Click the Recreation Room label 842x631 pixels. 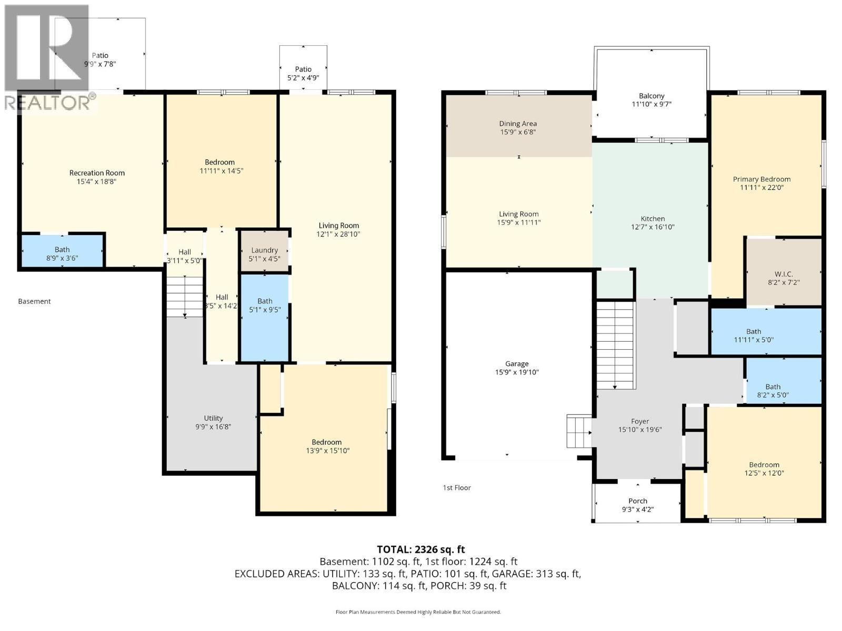pyautogui.click(x=97, y=173)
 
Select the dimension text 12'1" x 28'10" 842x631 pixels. pyautogui.click(x=338, y=235)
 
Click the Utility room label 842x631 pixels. pyautogui.click(x=213, y=419)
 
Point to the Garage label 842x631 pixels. pyautogui.click(x=517, y=364)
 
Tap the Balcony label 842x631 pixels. pyautogui.click(x=651, y=96)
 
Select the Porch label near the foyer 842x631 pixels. pyautogui.click(x=638, y=501)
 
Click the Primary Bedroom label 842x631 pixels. pyautogui.click(x=761, y=179)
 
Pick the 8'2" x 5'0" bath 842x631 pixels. pyautogui.click(x=773, y=391)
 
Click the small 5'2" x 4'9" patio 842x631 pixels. pyautogui.click(x=303, y=74)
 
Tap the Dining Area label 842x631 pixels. pyautogui.click(x=518, y=124)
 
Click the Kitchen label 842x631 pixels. pyautogui.click(x=653, y=219)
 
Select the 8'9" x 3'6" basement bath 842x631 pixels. pyautogui.click(x=62, y=254)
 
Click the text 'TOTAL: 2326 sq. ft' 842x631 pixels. pyautogui.click(x=420, y=549)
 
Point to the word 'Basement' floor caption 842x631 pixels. pyautogui.click(x=34, y=301)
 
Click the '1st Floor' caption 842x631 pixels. pyautogui.click(x=457, y=487)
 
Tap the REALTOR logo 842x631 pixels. pyautogui.click(x=47, y=58)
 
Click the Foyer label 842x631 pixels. pyautogui.click(x=640, y=421)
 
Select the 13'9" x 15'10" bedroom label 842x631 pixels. pyautogui.click(x=327, y=446)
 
